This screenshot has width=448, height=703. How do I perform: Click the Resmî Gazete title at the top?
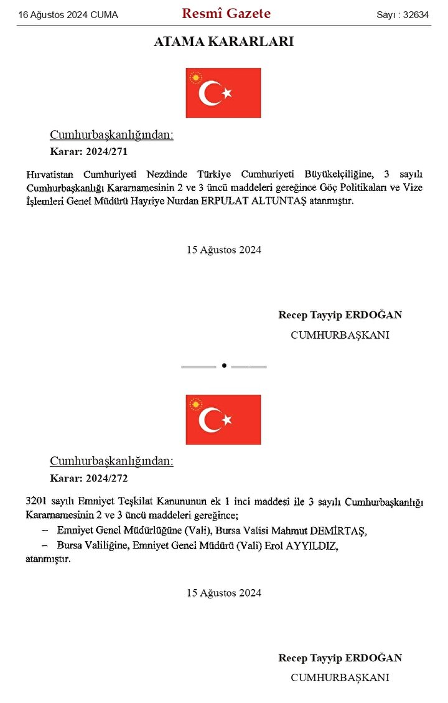pos(226,14)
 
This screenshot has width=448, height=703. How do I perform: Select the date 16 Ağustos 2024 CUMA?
pos(68,15)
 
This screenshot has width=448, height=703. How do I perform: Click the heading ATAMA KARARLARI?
pos(223,42)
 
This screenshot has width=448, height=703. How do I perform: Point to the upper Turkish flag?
pos(223,93)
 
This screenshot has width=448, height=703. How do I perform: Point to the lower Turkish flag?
pos(223,419)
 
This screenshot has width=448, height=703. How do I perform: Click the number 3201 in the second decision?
pos(37,501)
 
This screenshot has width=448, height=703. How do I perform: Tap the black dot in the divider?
pos(223,366)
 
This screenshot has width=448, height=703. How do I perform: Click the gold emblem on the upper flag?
pos(197,78)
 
